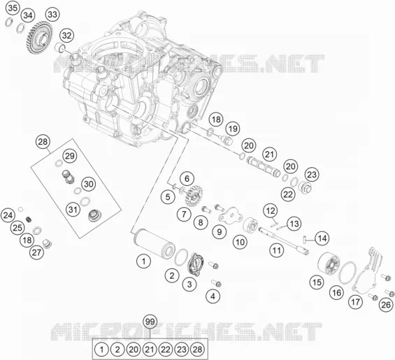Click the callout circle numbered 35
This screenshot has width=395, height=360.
(13, 8)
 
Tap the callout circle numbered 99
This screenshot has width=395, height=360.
(150, 322)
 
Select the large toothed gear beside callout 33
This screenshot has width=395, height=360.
(39, 37)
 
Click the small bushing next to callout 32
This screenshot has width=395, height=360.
(60, 48)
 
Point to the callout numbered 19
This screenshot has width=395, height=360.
(233, 129)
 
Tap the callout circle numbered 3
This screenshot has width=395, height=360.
(189, 285)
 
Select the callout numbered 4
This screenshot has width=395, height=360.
(213, 296)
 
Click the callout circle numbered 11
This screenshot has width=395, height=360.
(277, 250)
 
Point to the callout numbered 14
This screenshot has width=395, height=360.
(322, 238)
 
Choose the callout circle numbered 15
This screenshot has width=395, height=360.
(317, 282)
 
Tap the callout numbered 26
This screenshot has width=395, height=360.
(386, 305)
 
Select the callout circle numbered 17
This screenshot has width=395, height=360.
(355, 302)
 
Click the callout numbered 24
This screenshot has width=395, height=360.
(8, 215)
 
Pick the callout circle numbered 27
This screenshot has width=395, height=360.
(36, 252)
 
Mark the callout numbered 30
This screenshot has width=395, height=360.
(88, 184)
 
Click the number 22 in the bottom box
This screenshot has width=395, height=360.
(166, 350)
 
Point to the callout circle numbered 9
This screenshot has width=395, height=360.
(219, 232)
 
